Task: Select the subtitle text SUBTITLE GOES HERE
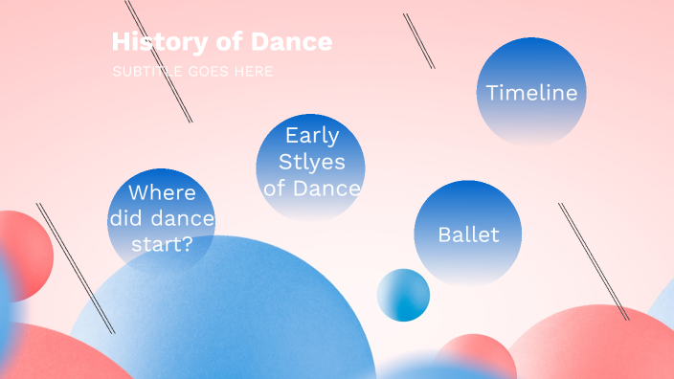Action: (x=192, y=72)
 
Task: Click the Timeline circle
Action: (x=531, y=92)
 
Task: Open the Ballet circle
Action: (x=467, y=234)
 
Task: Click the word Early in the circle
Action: (x=312, y=136)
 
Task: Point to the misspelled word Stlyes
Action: (x=312, y=162)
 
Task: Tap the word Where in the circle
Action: (x=162, y=192)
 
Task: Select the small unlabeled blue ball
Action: (x=403, y=295)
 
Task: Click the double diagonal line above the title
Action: (x=159, y=61)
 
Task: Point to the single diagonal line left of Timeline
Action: (x=419, y=41)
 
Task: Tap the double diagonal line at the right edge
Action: (x=594, y=260)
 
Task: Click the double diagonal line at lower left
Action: (x=75, y=267)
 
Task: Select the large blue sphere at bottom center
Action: (x=230, y=316)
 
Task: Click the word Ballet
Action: (x=467, y=234)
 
